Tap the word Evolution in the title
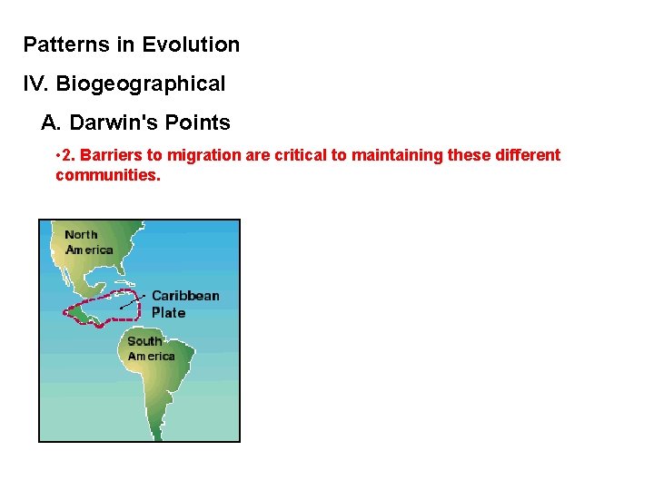[191, 44]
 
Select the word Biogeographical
[141, 84]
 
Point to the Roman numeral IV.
[36, 84]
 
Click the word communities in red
[107, 174]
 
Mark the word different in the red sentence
[527, 155]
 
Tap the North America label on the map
[88, 242]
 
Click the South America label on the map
[150, 348]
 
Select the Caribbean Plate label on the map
[184, 304]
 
